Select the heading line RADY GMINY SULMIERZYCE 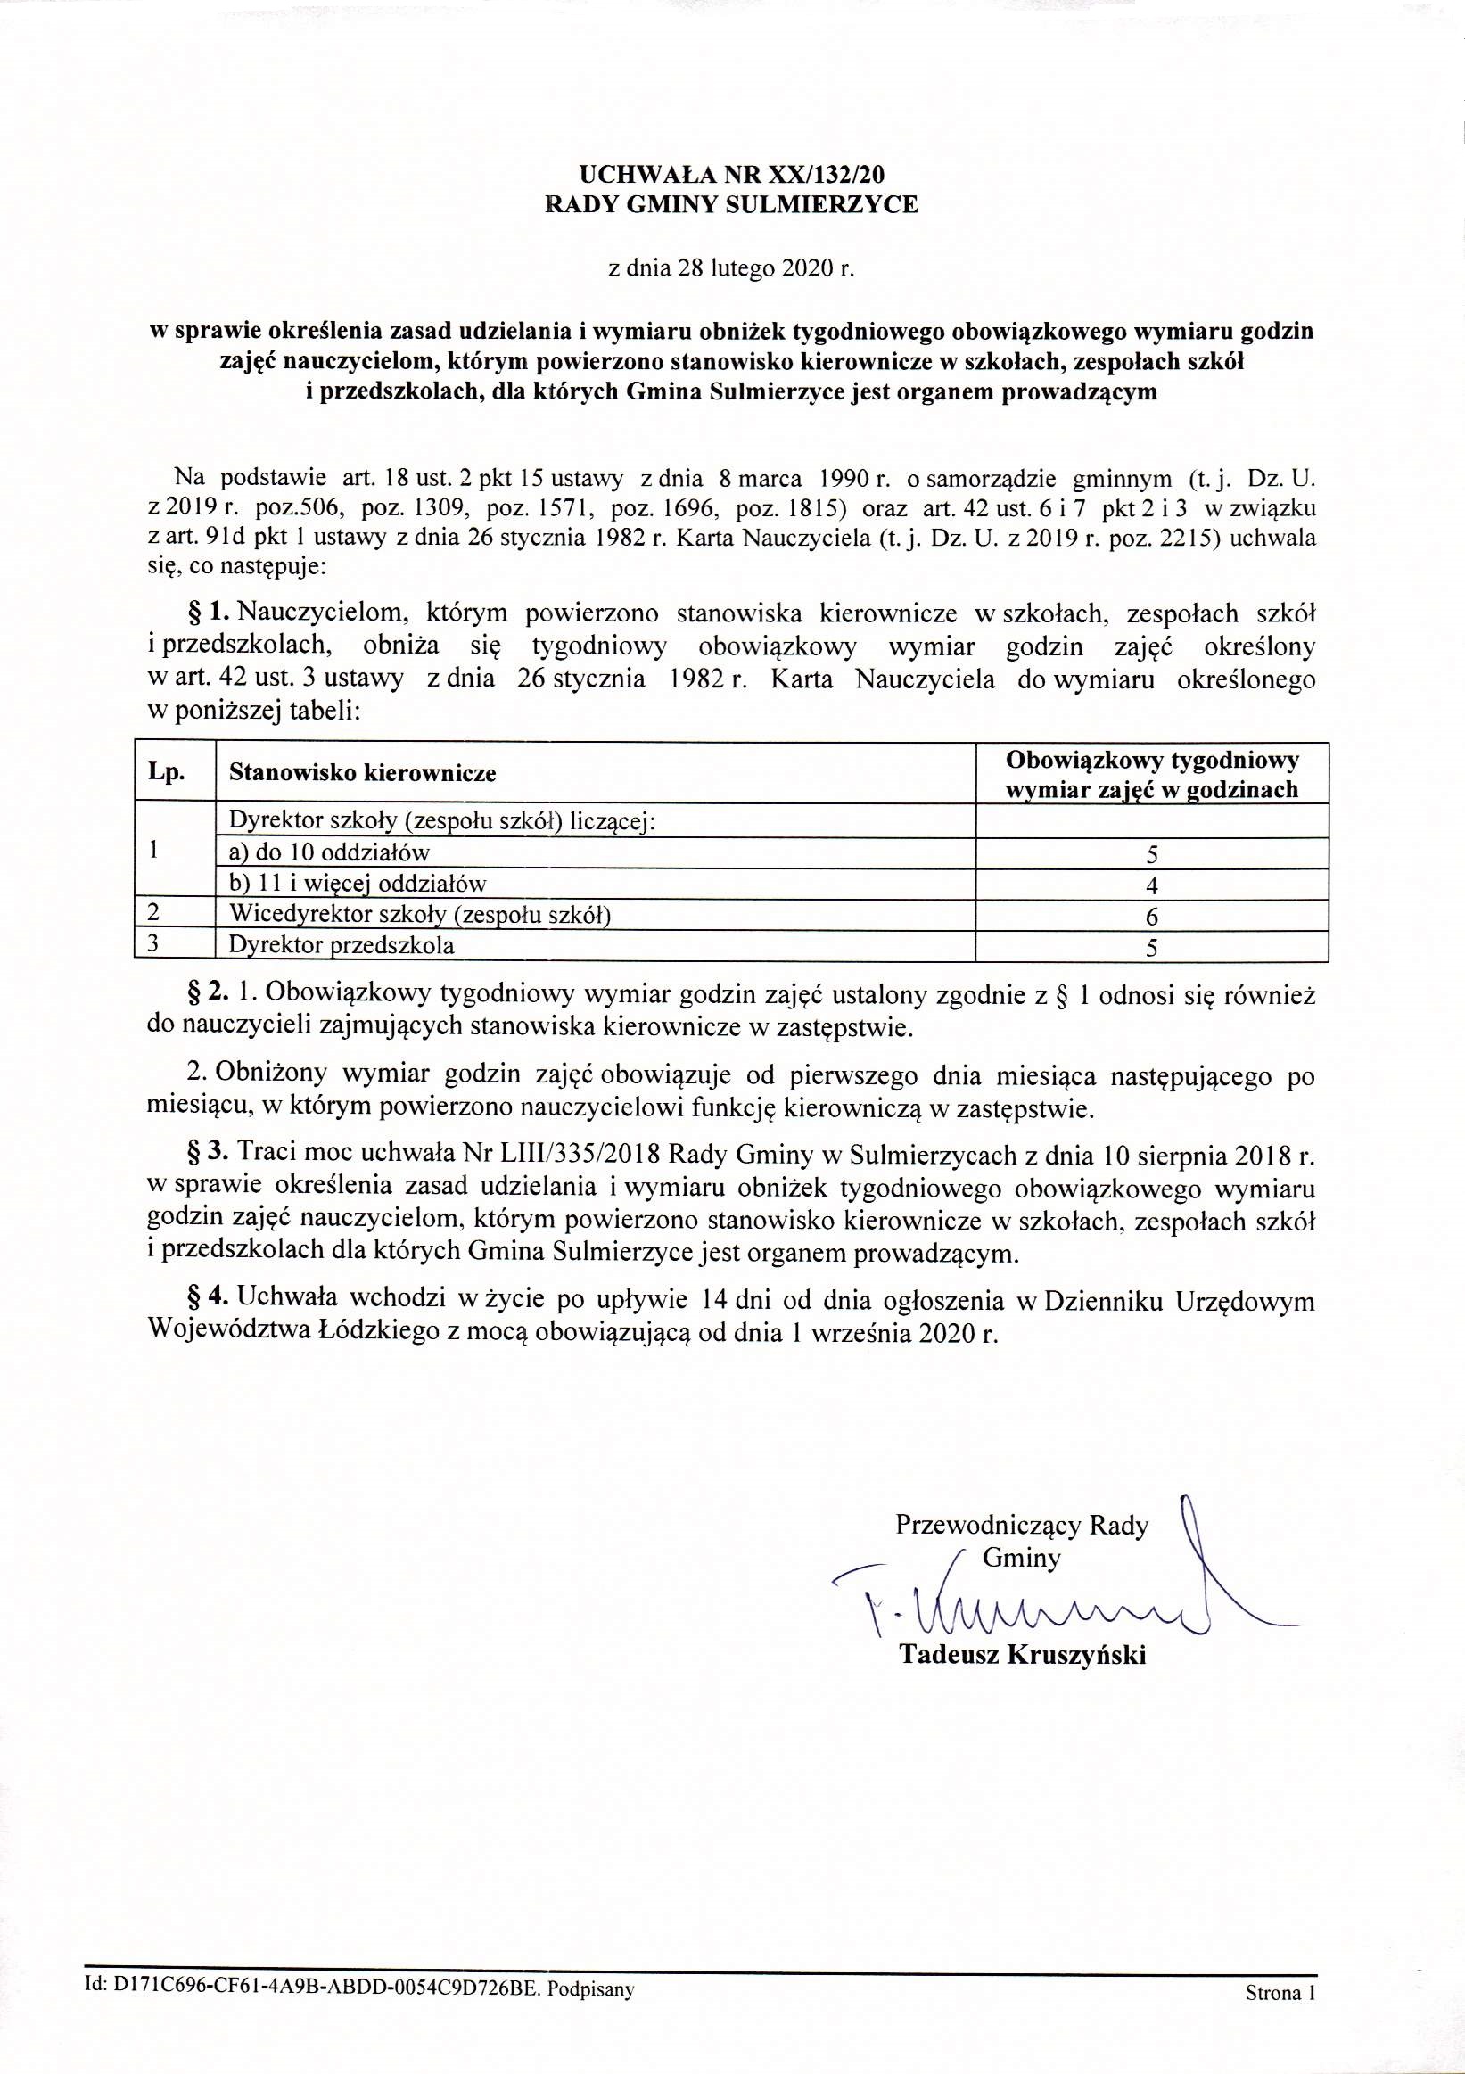pos(731,205)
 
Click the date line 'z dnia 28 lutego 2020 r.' pos(731,268)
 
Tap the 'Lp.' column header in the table pos(168,772)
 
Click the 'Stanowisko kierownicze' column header pos(362,773)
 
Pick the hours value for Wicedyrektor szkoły pos(1152,918)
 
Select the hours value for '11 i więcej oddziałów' pos(1152,885)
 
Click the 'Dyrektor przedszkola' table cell pos(342,946)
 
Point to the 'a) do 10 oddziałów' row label pos(330,852)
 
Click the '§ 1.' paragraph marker pos(207,613)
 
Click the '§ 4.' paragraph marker pos(207,1300)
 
